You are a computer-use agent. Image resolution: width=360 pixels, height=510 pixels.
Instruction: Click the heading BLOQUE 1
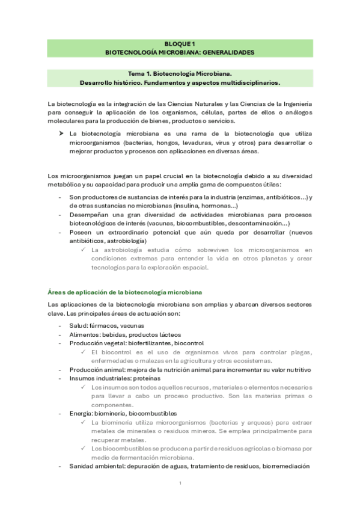click(x=180, y=44)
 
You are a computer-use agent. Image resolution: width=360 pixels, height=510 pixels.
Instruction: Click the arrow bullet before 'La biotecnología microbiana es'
click(x=61, y=134)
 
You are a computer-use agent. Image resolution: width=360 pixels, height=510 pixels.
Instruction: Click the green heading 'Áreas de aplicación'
click(x=124, y=292)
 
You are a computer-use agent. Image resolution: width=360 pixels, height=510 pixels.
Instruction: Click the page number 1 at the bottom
click(x=180, y=483)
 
